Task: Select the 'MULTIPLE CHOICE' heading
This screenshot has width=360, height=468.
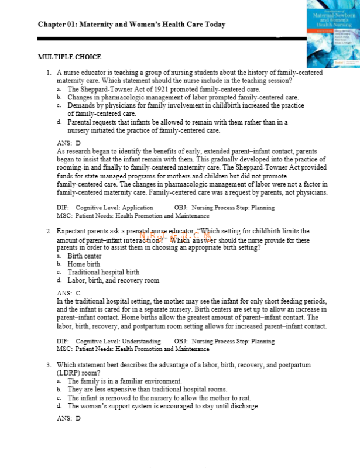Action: [x=69, y=57]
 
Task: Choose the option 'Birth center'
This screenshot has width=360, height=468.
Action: [x=84, y=256]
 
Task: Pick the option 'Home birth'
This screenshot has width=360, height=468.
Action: [x=83, y=264]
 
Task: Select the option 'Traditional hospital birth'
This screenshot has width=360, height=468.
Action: [x=103, y=272]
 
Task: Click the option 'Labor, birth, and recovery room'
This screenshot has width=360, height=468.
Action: [x=113, y=280]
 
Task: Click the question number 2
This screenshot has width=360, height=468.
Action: [x=49, y=232]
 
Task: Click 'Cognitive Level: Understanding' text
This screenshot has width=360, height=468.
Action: [x=118, y=341]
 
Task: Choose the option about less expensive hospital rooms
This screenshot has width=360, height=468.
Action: [x=147, y=389]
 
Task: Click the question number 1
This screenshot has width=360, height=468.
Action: [x=49, y=73]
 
